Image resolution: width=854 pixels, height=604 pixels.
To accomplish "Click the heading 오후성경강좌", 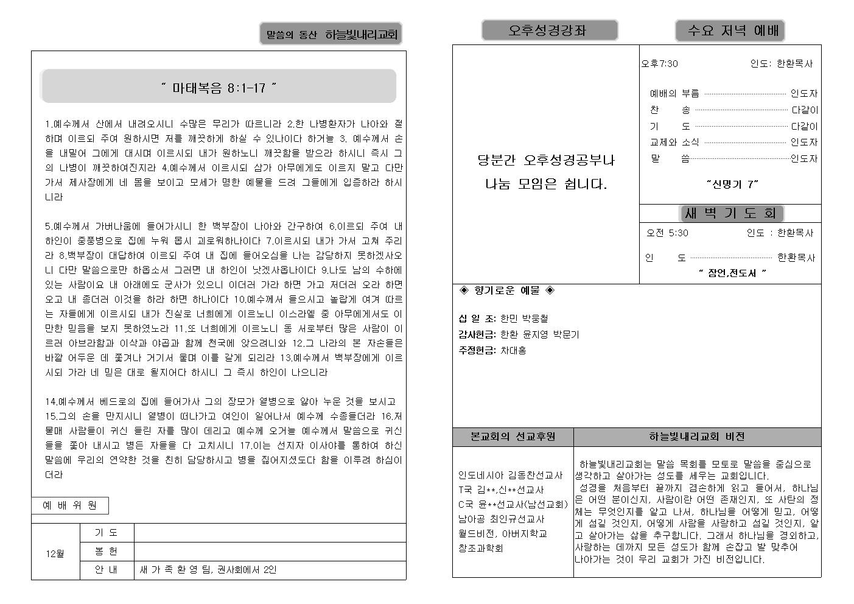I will (x=549, y=30).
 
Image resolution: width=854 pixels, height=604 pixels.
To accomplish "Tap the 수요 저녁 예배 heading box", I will (x=730, y=30).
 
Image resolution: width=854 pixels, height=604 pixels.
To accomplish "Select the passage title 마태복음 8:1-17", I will (x=219, y=88).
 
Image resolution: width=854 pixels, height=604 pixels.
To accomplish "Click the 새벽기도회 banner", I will (x=730, y=213).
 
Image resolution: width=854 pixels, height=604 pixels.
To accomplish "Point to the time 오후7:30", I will (x=660, y=64).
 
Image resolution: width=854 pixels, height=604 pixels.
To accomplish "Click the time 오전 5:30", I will (x=667, y=233).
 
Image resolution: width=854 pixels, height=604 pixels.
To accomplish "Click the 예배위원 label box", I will (x=70, y=505).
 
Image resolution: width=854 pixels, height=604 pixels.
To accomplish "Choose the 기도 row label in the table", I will (x=107, y=533).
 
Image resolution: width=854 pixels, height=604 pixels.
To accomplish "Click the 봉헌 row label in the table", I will (x=107, y=552).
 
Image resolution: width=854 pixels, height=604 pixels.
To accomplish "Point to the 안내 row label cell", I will (x=107, y=571).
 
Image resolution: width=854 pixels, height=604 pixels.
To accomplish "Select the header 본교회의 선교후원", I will (x=513, y=437).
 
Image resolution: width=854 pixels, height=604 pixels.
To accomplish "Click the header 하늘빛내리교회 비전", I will (x=697, y=437).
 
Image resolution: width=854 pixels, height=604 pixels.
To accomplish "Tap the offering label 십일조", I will (x=477, y=318).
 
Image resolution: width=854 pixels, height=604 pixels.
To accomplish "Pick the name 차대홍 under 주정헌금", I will (x=513, y=351).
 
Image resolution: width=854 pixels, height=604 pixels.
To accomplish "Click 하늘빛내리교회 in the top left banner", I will (x=361, y=35).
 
